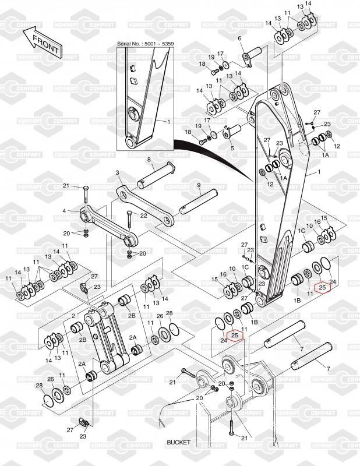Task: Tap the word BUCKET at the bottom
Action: coord(178,442)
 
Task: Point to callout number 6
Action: coord(239,38)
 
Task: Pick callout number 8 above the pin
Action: coord(149,160)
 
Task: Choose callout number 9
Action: coord(198,186)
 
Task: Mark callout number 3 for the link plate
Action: coord(117,173)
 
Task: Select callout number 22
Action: coord(143,216)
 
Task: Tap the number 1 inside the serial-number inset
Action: coord(168,122)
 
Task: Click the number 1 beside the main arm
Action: coord(319,173)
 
